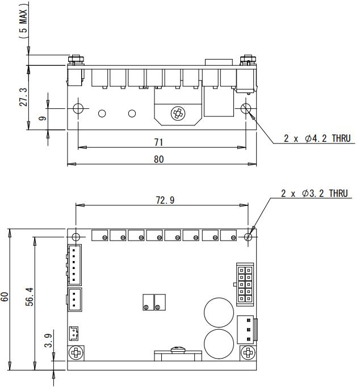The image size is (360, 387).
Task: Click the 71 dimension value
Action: [x=158, y=142]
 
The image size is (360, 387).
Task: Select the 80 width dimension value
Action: [x=159, y=159]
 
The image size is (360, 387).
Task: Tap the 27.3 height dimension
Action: [x=23, y=96]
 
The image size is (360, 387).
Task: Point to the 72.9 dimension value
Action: [x=165, y=200]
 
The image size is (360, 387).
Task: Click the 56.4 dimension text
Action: [x=30, y=296]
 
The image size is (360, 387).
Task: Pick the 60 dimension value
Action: [x=5, y=297]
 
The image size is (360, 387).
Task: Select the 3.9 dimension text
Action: [x=48, y=340]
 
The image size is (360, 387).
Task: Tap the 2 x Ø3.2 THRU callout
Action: [x=315, y=194]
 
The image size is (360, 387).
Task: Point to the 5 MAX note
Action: [x=23, y=21]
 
